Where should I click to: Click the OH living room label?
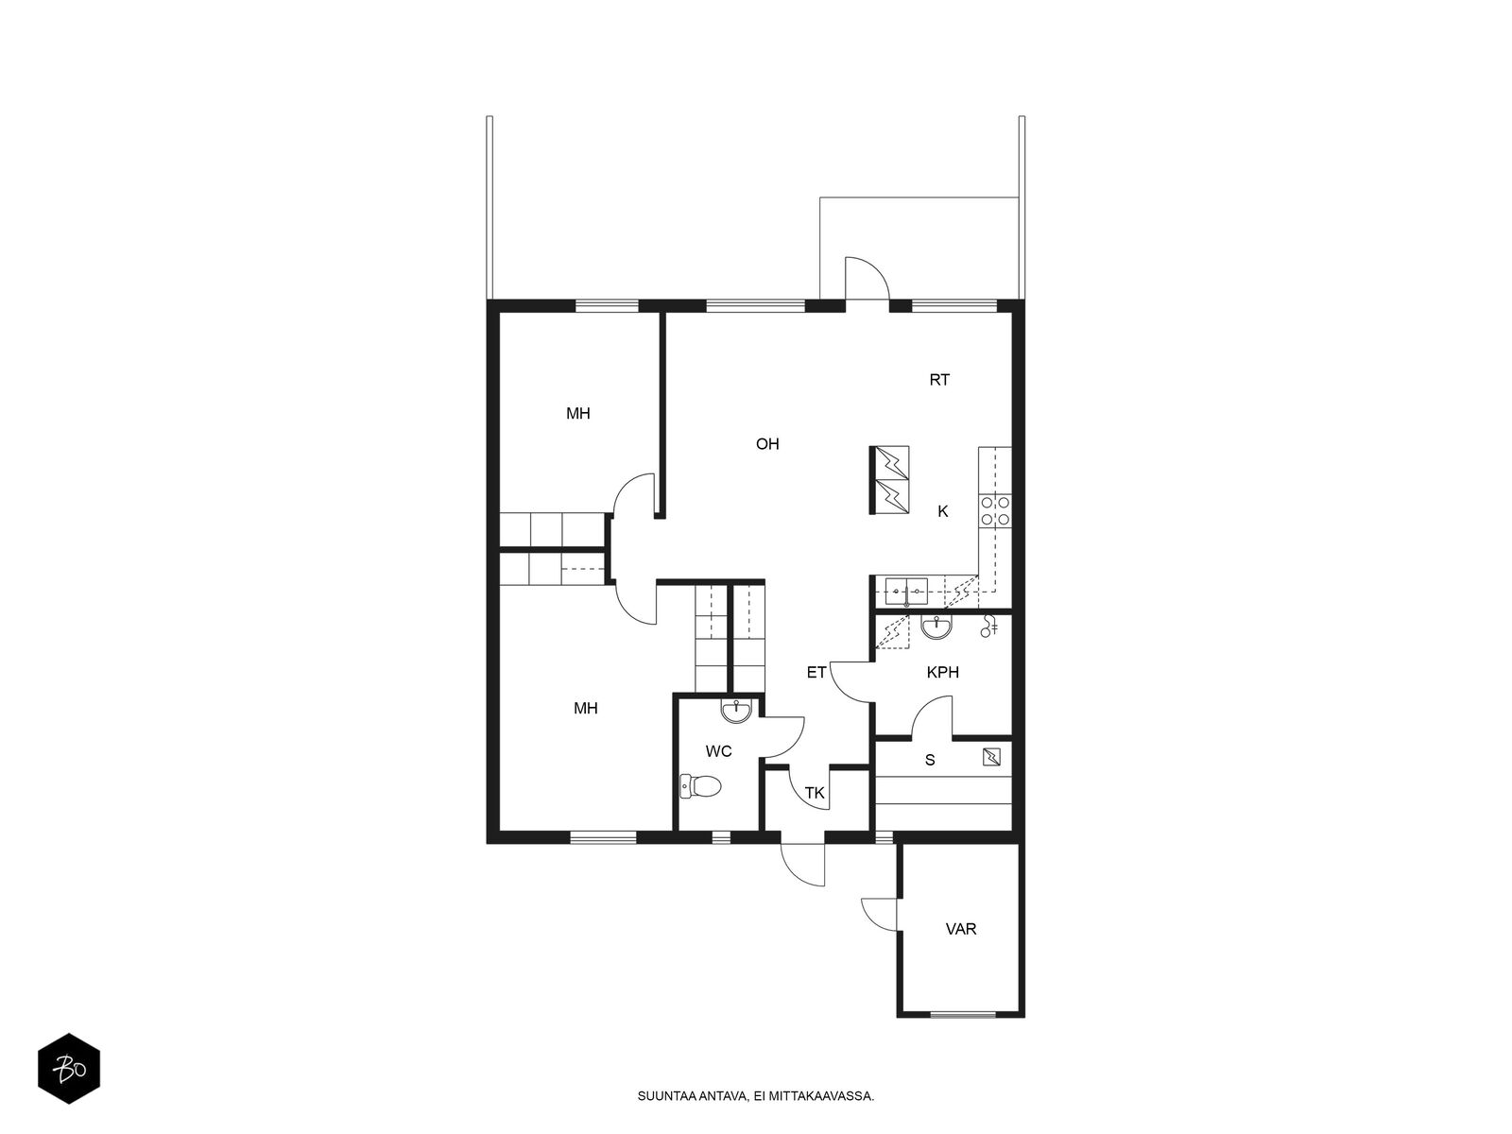tap(767, 443)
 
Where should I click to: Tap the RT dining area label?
tap(939, 380)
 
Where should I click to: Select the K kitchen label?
tap(942, 511)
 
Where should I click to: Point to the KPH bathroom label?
tap(942, 673)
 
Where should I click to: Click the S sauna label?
tap(930, 760)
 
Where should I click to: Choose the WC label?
tap(719, 752)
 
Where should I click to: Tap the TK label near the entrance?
tap(815, 794)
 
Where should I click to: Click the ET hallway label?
tap(816, 673)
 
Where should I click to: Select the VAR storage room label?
tap(961, 929)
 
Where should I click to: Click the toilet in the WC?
tap(700, 785)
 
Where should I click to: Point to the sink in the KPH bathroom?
tap(936, 627)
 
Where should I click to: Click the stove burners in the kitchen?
tap(994, 511)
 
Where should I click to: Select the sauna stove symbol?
tap(992, 756)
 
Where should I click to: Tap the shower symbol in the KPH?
tap(989, 625)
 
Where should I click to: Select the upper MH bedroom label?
tap(578, 413)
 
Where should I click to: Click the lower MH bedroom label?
tap(586, 708)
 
